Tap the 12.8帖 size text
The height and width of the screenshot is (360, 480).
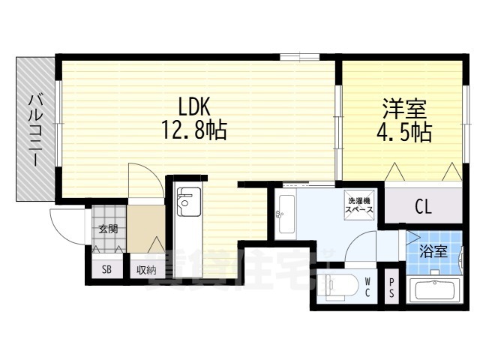click(x=193, y=131)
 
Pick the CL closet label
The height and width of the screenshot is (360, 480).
click(x=423, y=207)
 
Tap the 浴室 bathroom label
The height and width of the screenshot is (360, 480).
click(x=433, y=252)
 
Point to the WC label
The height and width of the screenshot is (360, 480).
click(x=368, y=287)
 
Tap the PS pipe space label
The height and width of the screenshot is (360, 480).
click(x=391, y=288)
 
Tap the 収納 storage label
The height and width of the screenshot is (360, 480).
click(x=145, y=270)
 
